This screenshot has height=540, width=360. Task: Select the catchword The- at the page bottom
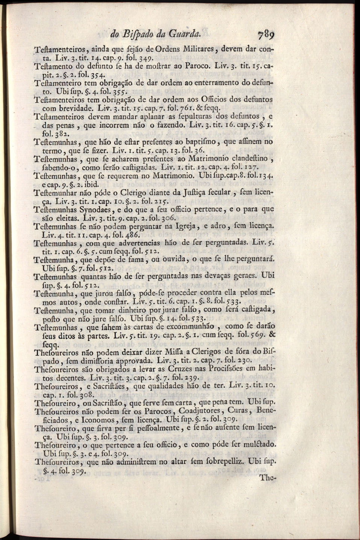pos(268,479)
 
